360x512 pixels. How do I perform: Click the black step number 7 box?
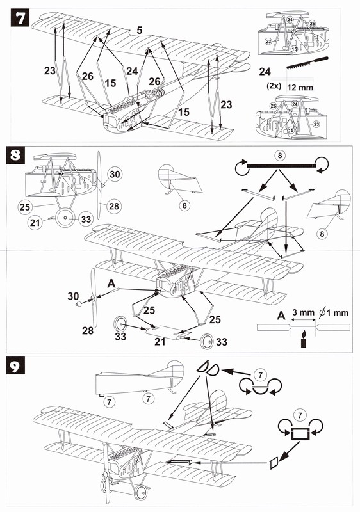click(x=20, y=19)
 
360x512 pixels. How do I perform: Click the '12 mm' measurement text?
click(x=300, y=88)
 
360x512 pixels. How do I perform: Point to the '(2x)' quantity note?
click(x=274, y=86)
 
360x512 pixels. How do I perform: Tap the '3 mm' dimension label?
click(x=303, y=312)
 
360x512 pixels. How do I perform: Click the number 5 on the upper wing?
click(x=140, y=30)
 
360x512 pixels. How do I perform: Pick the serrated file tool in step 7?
click(x=307, y=63)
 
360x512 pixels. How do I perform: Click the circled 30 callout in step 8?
click(x=114, y=174)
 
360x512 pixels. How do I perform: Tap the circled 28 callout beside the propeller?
click(x=113, y=206)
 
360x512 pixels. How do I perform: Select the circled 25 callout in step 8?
click(x=24, y=207)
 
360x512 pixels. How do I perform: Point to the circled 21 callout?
click(x=35, y=223)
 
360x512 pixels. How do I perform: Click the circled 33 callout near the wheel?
click(x=86, y=219)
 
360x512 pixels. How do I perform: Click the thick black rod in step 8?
click(x=281, y=166)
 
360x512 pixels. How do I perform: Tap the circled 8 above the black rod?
click(x=279, y=156)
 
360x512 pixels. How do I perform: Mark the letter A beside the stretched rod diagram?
click(x=281, y=316)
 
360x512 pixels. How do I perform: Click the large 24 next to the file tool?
click(x=265, y=71)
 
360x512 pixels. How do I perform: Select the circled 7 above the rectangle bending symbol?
click(x=300, y=415)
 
